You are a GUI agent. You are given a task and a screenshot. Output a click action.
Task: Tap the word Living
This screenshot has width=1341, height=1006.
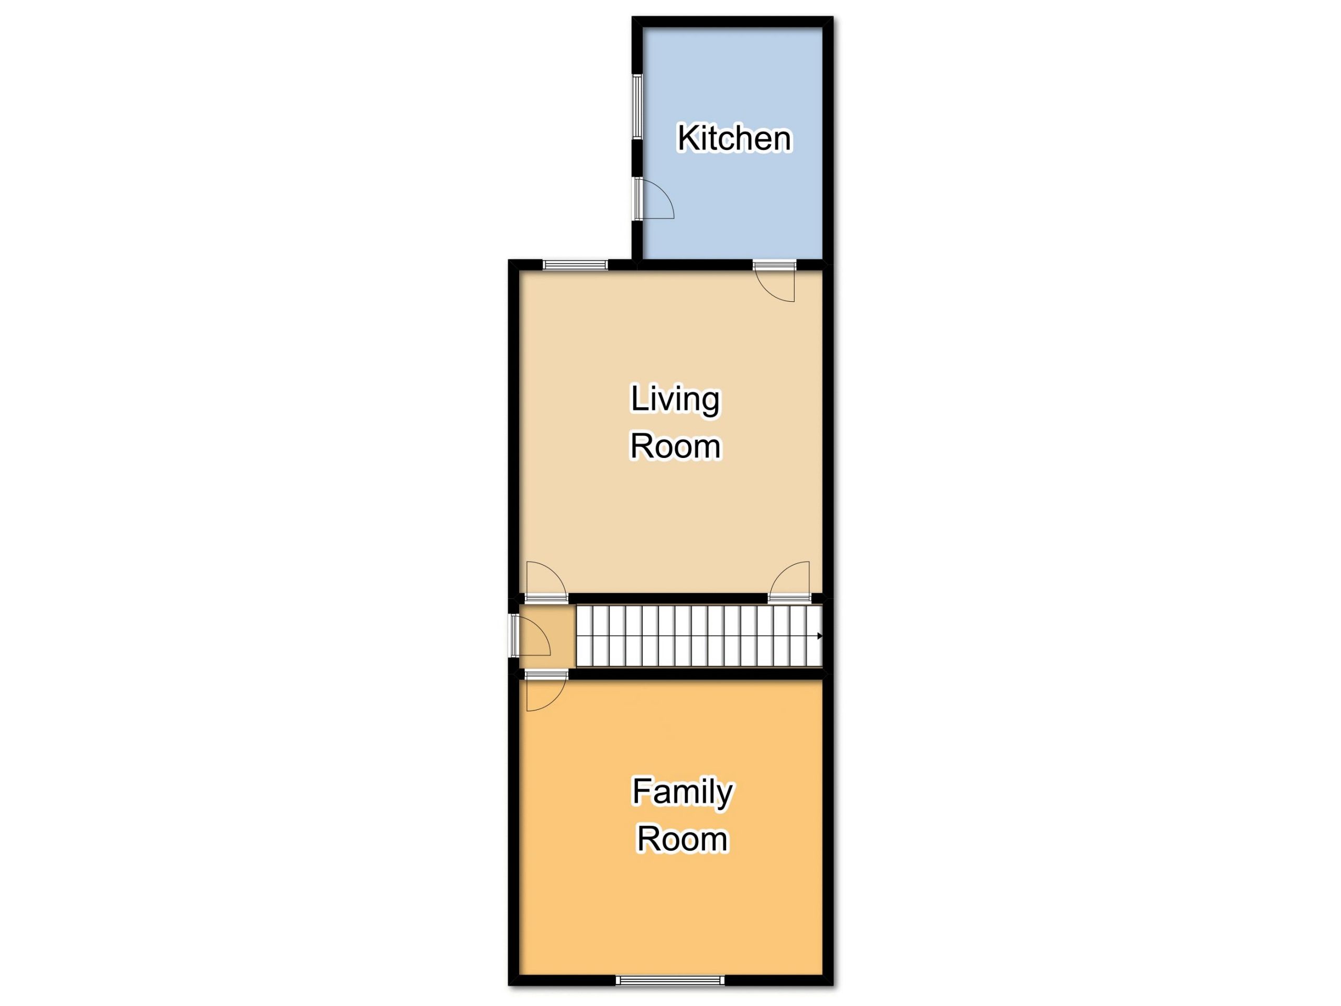(x=675, y=400)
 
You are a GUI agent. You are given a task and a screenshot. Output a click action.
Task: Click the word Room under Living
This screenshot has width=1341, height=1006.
(x=675, y=446)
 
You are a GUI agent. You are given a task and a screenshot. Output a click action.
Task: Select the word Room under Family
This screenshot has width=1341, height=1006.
(x=682, y=839)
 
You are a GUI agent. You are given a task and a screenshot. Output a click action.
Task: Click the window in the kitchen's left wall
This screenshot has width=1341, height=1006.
(x=637, y=106)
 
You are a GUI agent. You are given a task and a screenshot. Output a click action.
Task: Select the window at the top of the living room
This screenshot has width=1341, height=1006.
(x=575, y=265)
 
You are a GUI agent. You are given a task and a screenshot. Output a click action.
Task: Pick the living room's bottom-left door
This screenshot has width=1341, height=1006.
(x=546, y=582)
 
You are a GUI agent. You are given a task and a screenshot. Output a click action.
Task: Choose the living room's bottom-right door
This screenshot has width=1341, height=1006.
(x=789, y=582)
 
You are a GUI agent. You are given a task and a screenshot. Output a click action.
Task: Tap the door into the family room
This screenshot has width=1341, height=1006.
(x=546, y=691)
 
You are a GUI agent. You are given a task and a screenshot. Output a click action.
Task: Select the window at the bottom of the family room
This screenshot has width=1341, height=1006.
(x=670, y=980)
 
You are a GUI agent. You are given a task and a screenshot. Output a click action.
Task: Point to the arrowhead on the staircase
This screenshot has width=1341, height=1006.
(x=820, y=636)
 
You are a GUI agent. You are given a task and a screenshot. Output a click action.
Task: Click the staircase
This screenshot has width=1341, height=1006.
(x=699, y=636)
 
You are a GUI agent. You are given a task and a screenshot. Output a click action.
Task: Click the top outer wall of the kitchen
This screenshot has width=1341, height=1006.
(x=732, y=22)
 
